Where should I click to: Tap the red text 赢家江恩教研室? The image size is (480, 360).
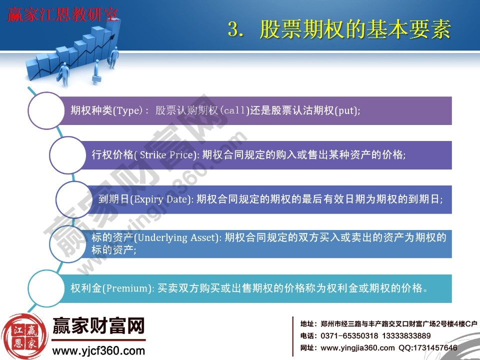point(63,15)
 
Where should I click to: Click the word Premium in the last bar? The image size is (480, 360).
point(129,288)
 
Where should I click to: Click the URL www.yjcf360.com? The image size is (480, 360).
point(98,350)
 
